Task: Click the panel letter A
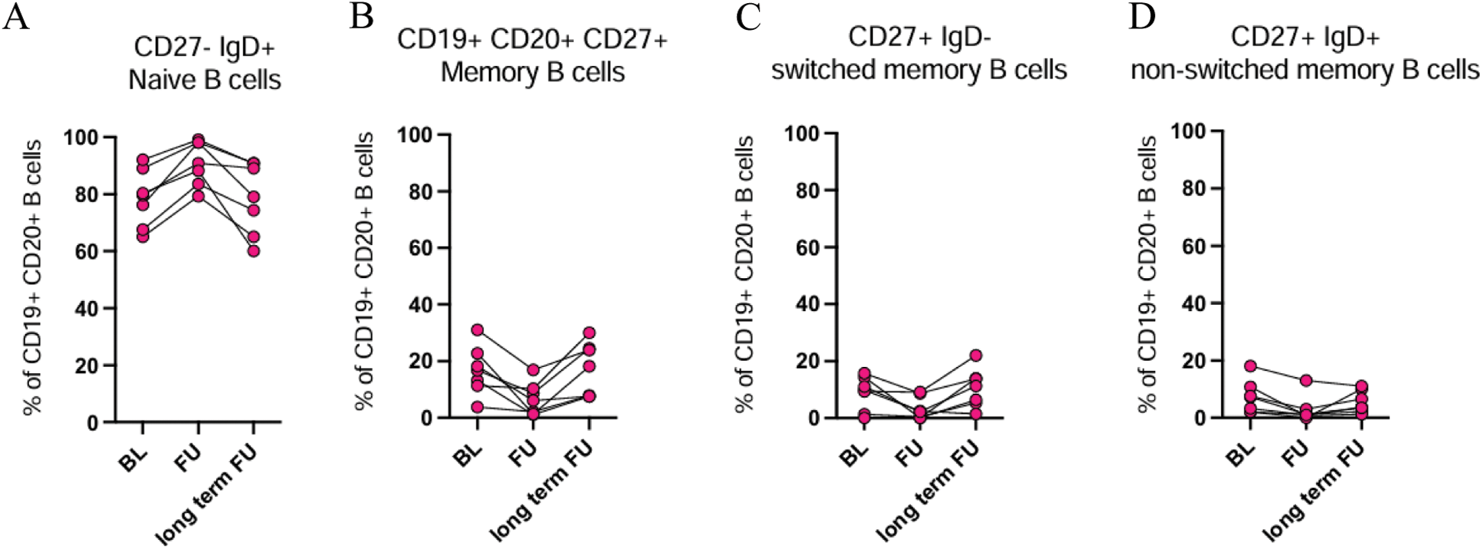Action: pos(16,17)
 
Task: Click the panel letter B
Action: pos(362,17)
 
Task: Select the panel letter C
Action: pos(748,17)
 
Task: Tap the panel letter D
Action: pos(1141,17)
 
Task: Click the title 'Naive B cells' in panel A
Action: pos(204,80)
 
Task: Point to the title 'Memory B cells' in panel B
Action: pos(532,72)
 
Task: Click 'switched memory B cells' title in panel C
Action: pos(919,70)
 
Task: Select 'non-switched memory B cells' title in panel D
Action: pos(1305,70)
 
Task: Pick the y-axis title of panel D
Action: pos(1147,274)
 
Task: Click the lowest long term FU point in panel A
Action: pos(253,251)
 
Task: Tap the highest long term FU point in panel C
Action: pos(976,355)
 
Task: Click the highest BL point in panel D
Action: pos(1250,366)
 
